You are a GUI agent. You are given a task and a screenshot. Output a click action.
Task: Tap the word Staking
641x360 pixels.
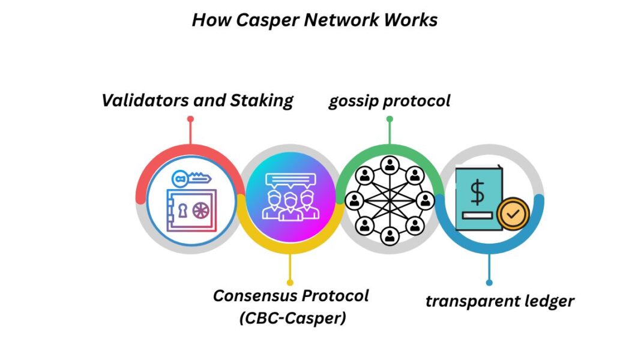click(x=262, y=100)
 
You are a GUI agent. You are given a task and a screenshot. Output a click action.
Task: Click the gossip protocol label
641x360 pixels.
click(x=389, y=100)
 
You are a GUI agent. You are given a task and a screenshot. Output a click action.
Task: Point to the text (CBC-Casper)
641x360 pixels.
click(x=292, y=318)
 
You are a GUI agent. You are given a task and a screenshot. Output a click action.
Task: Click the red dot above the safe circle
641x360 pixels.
click(x=190, y=119)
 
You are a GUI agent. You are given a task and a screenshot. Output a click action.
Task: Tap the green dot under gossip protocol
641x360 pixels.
click(x=390, y=119)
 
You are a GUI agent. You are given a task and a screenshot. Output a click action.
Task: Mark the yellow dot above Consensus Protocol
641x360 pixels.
click(x=290, y=282)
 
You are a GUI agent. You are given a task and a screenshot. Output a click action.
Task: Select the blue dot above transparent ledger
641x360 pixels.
click(x=489, y=282)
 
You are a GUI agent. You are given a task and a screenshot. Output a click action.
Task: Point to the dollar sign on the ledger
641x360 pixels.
click(x=477, y=193)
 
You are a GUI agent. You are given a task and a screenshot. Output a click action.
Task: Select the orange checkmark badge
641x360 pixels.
click(x=513, y=212)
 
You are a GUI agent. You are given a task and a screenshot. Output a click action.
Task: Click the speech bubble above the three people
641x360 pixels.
click(x=291, y=179)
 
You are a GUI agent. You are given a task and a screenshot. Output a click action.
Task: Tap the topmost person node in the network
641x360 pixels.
click(x=390, y=163)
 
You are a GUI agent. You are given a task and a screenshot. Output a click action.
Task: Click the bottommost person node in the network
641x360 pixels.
click(x=390, y=235)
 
